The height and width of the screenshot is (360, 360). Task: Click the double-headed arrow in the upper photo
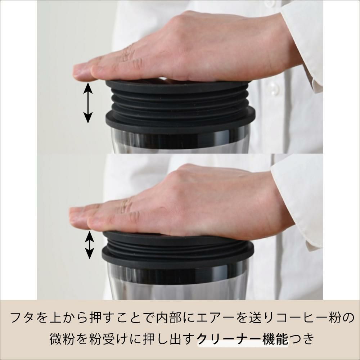click(x=88, y=103)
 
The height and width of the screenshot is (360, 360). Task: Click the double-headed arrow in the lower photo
click(x=89, y=245)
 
